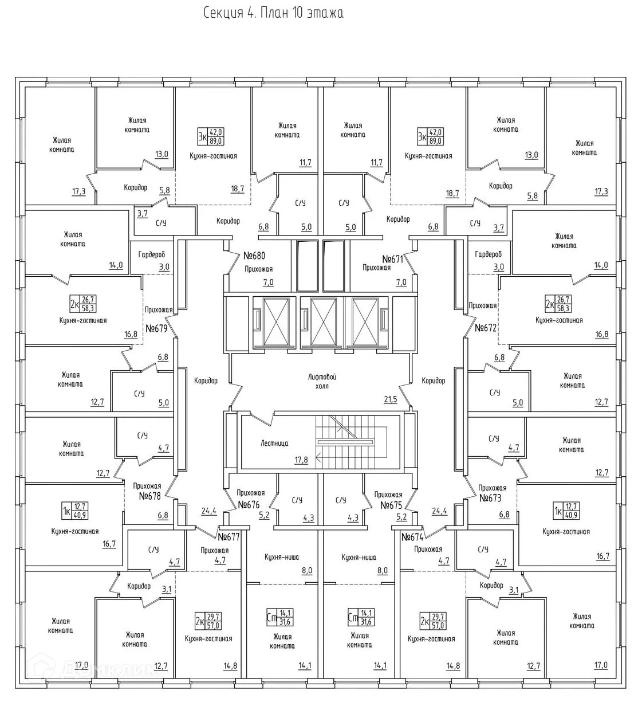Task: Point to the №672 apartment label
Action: [486, 328]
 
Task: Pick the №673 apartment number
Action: [490, 497]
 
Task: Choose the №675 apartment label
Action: [392, 505]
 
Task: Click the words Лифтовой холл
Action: [321, 381]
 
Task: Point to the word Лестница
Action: [274, 443]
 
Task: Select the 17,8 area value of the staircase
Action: [301, 460]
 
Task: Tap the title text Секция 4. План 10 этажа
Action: [274, 13]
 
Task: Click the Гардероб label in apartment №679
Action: [152, 254]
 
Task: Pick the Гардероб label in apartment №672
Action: [488, 254]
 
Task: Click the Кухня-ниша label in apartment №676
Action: [282, 556]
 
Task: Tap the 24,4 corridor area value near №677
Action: [209, 511]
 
